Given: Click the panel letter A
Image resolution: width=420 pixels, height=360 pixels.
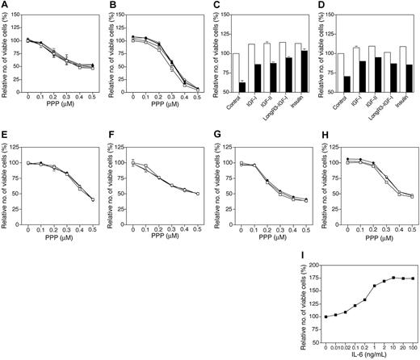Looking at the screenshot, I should (4, 5).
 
